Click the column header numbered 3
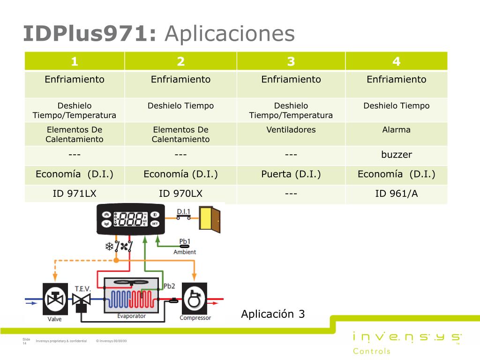pyautogui.click(x=291, y=61)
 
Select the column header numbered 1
pyautogui.click(x=75, y=61)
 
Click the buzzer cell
pyautogui.click(x=397, y=155)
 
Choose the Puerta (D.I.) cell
pyautogui.click(x=291, y=174)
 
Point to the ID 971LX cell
pyautogui.click(x=75, y=194)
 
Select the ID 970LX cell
pyautogui.click(x=180, y=194)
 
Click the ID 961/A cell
pyautogui.click(x=397, y=194)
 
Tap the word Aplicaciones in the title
pyautogui.click(x=230, y=34)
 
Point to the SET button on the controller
pyautogui.click(x=155, y=224)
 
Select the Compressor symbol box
pyautogui.click(x=195, y=299)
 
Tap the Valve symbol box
pyautogui.click(x=55, y=299)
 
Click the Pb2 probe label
pyautogui.click(x=169, y=286)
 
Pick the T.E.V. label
pyautogui.click(x=82, y=289)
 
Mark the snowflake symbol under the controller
pyautogui.click(x=109, y=246)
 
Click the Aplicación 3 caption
pyautogui.click(x=273, y=314)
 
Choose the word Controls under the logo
pyautogui.click(x=372, y=351)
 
